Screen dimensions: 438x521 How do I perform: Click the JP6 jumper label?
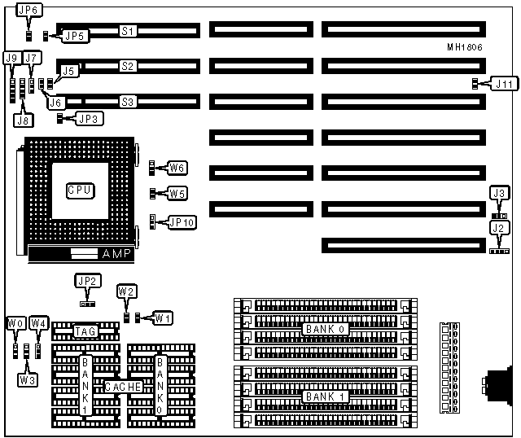click(x=28, y=11)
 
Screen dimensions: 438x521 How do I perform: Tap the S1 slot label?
click(x=127, y=31)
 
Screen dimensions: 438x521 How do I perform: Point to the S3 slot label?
click(x=127, y=102)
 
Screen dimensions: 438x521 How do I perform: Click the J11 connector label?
click(x=504, y=83)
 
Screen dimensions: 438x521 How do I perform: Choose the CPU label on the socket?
click(x=79, y=190)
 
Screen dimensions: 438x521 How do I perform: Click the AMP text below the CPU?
click(x=115, y=254)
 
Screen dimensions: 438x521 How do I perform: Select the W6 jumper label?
click(x=178, y=169)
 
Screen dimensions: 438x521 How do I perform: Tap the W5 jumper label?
click(x=178, y=194)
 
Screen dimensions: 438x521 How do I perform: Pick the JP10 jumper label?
click(x=182, y=221)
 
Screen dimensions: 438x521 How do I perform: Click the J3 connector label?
click(x=500, y=192)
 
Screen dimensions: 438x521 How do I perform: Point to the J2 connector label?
click(x=500, y=228)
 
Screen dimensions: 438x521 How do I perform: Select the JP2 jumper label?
click(x=87, y=281)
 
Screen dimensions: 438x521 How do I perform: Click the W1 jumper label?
click(x=164, y=317)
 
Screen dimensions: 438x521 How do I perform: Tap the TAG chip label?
click(x=85, y=331)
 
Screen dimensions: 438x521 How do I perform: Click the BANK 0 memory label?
click(x=325, y=329)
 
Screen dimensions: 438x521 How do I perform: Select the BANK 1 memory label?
click(x=325, y=396)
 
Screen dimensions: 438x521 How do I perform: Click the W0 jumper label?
click(x=15, y=323)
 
